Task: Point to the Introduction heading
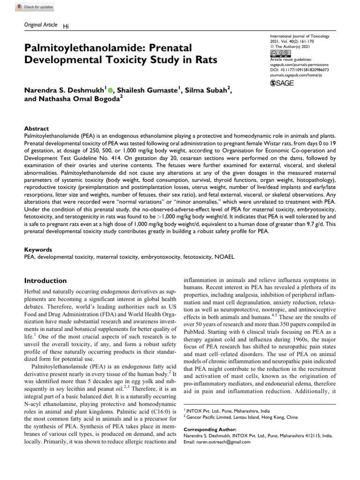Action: point(45,280)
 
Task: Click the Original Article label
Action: point(40,25)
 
